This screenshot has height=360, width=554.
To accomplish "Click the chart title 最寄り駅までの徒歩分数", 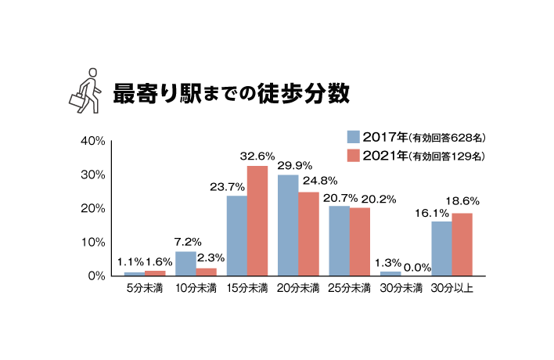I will [230, 91].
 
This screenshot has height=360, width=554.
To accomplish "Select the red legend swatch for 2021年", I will [353, 156].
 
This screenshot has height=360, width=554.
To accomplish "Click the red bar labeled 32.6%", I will [257, 221].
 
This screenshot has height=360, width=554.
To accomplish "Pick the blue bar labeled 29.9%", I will [288, 225].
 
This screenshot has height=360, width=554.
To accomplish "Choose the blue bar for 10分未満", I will [185, 264].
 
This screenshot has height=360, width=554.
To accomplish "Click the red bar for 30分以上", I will [462, 244].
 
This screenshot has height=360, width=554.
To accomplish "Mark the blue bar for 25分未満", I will [339, 241].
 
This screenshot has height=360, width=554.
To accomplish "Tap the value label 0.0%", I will [418, 268].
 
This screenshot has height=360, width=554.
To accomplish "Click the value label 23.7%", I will [228, 187].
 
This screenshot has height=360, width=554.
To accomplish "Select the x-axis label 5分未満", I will [146, 289].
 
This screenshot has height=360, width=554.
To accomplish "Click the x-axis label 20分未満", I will [298, 289].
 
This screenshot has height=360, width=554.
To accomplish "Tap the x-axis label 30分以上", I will [452, 289].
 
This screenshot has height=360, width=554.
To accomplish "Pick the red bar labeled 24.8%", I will [308, 234].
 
